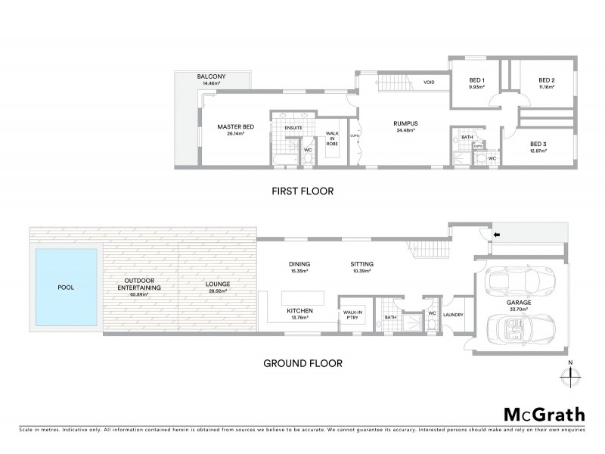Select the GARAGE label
[x=519, y=302]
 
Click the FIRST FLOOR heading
[x=302, y=192]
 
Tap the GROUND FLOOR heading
[x=302, y=363]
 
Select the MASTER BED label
[x=234, y=126]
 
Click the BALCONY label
[x=212, y=77]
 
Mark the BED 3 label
[x=538, y=144]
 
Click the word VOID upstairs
[x=429, y=82]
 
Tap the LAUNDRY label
[x=454, y=315]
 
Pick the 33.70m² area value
[x=519, y=309]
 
